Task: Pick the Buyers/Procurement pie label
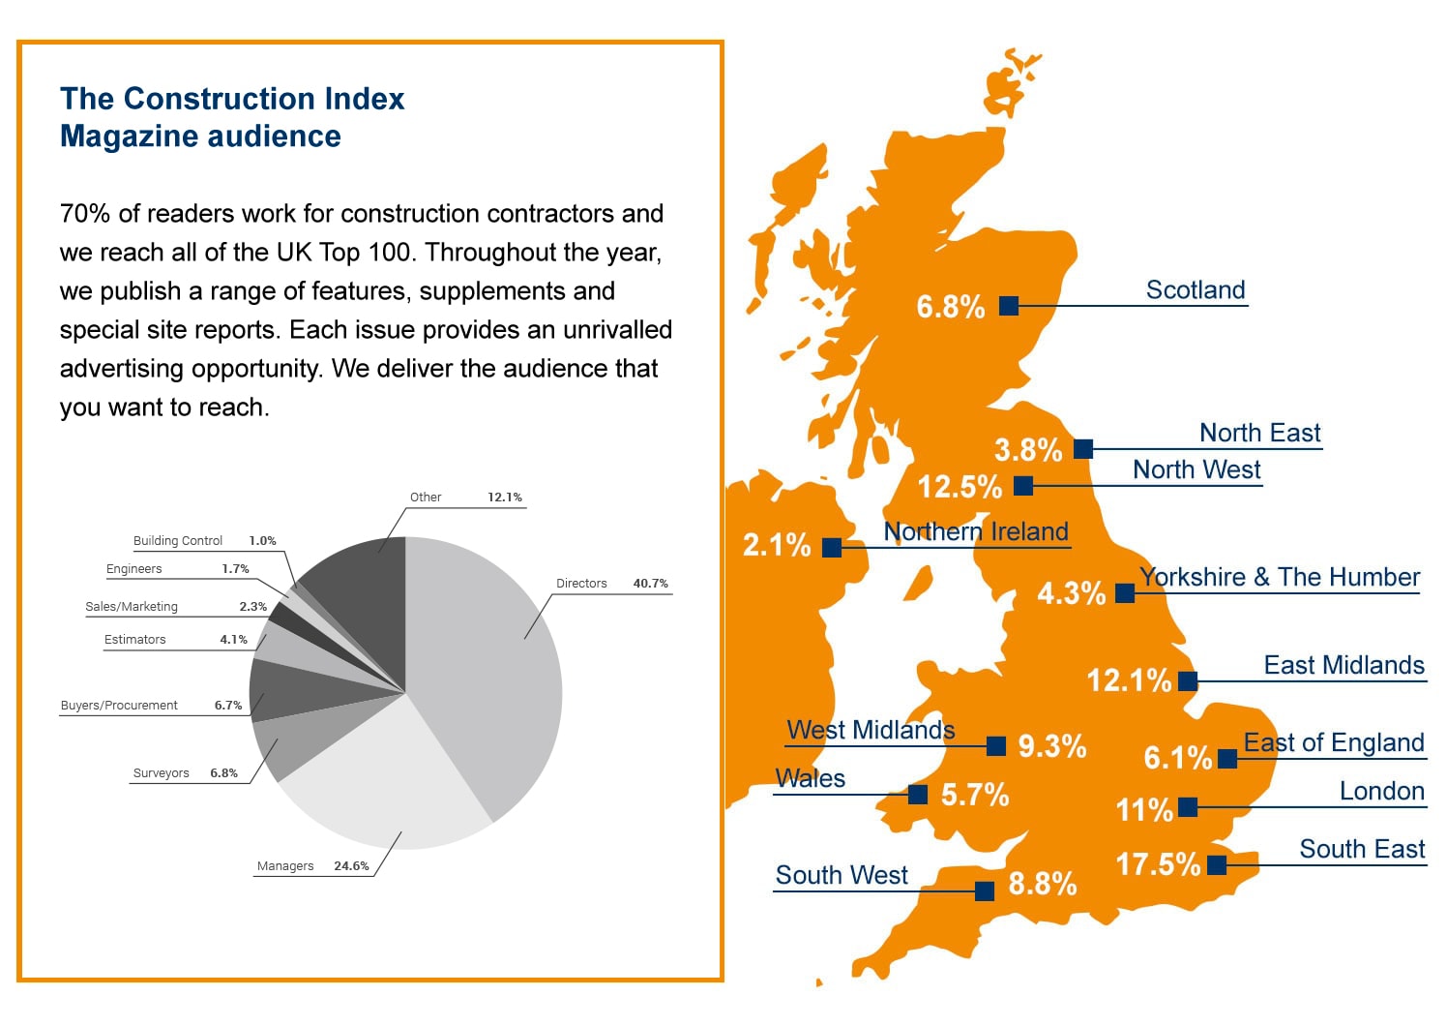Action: pyautogui.click(x=119, y=706)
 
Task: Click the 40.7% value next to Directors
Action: pyautogui.click(x=651, y=583)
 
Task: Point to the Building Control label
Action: pyautogui.click(x=178, y=540)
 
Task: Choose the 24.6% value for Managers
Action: pyautogui.click(x=351, y=865)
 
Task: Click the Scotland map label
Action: pyautogui.click(x=1196, y=289)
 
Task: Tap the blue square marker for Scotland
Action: pyautogui.click(x=1009, y=306)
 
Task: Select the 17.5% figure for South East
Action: pyautogui.click(x=1158, y=864)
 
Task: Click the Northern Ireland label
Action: pyautogui.click(x=976, y=531)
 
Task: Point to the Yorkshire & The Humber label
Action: pyautogui.click(x=1280, y=577)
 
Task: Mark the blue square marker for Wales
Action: pyautogui.click(x=918, y=794)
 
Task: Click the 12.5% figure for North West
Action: pyautogui.click(x=960, y=487)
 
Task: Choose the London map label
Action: pyautogui.click(x=1382, y=791)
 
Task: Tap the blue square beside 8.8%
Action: pyautogui.click(x=985, y=890)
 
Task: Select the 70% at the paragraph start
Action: pyautogui.click(x=84, y=213)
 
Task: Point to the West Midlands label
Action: pyautogui.click(x=871, y=730)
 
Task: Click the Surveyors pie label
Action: pyautogui.click(x=161, y=773)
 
